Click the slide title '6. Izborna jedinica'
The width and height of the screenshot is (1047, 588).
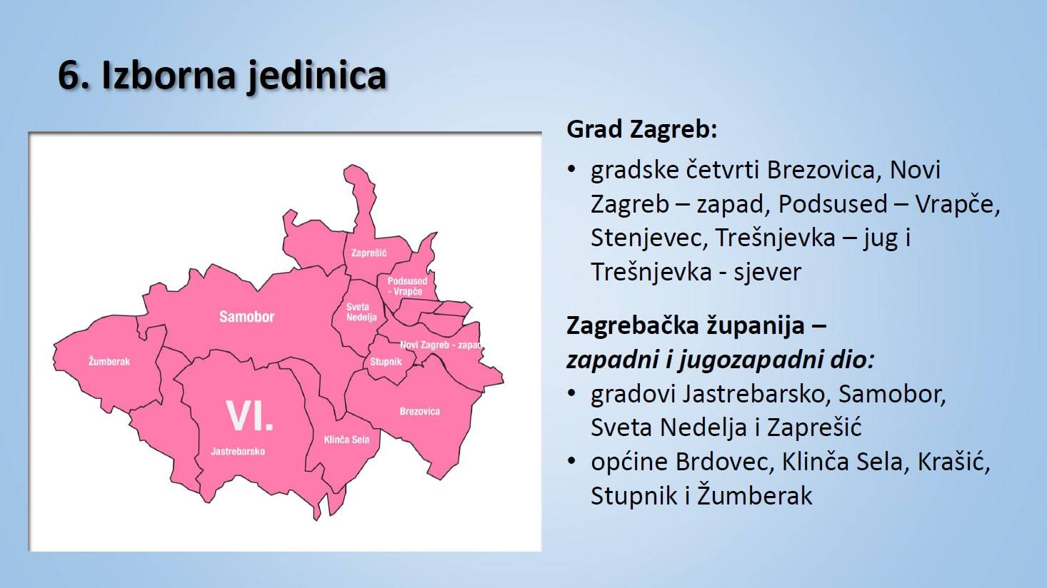click(222, 76)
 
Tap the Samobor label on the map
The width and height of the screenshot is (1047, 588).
click(247, 317)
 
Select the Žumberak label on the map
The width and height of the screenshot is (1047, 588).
click(109, 361)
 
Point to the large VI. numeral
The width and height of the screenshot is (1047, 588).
click(249, 415)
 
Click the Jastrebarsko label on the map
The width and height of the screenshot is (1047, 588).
click(238, 452)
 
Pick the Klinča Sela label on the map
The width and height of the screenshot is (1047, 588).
click(347, 440)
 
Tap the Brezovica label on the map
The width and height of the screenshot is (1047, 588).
click(420, 412)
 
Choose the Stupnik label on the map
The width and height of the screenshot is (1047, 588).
click(386, 362)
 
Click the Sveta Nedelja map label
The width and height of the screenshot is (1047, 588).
click(361, 312)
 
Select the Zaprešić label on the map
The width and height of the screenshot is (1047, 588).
click(369, 253)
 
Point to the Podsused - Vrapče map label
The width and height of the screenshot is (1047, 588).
click(408, 286)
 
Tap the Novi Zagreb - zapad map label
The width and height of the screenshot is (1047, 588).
click(441, 345)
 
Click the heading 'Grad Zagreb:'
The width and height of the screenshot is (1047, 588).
click(642, 129)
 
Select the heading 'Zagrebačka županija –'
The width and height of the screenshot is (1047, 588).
click(696, 325)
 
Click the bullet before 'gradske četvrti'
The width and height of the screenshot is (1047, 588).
click(571, 168)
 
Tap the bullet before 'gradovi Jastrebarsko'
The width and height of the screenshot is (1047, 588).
click(571, 393)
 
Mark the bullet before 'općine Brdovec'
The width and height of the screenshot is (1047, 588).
click(571, 461)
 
